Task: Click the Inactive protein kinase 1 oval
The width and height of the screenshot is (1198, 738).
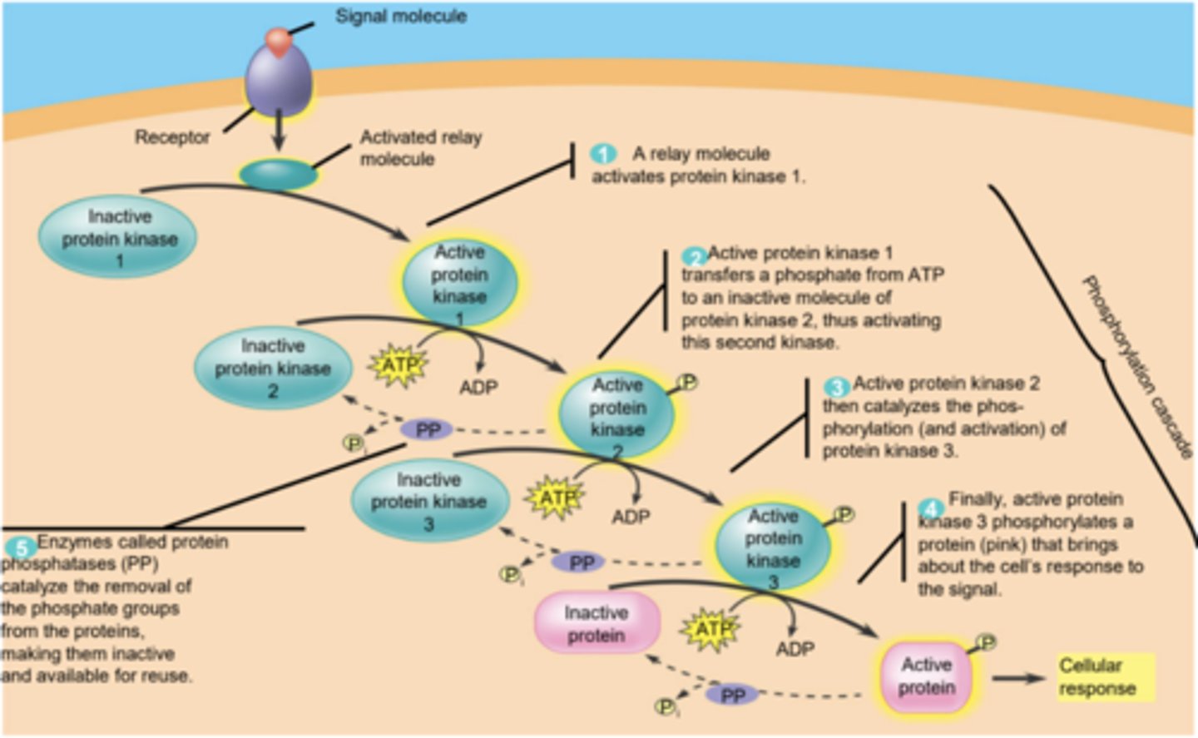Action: [119, 238]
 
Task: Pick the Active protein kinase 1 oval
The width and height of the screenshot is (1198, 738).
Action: [459, 283]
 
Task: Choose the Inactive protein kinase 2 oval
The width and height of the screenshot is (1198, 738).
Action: [273, 368]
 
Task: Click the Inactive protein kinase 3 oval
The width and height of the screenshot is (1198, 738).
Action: [428, 502]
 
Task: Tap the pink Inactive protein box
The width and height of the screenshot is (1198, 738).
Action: [597, 624]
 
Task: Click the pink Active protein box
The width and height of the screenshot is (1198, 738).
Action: [926, 676]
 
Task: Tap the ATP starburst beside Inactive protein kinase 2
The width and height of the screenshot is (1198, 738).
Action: [399, 365]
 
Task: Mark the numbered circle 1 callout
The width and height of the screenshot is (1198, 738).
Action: [603, 154]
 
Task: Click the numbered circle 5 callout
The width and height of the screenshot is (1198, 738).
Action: [20, 547]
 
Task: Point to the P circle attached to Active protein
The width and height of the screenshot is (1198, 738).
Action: [986, 642]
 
